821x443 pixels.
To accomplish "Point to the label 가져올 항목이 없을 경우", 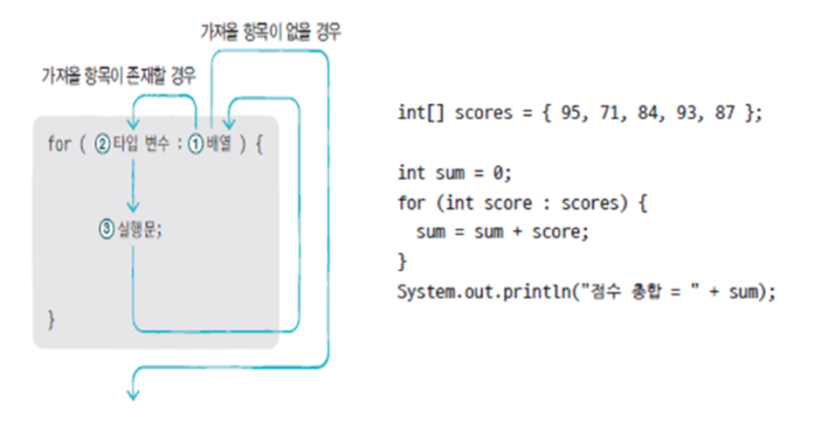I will (271, 33).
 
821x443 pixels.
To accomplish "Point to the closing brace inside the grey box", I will (51, 320).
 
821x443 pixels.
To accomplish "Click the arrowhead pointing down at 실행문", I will (133, 207).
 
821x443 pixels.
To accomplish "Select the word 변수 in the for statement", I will (157, 143).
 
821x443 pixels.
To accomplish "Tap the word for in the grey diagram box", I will (59, 143).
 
